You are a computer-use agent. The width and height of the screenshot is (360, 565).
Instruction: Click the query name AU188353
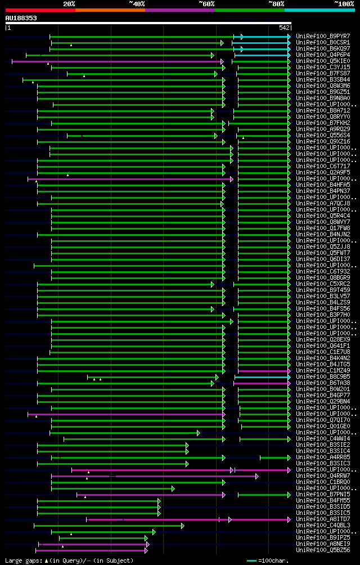click(x=21, y=18)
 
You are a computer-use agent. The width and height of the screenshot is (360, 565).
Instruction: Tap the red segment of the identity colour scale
click(x=40, y=10)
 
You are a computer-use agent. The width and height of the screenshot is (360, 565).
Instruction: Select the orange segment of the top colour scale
click(x=110, y=10)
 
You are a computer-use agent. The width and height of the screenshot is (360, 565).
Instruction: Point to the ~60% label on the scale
click(x=206, y=3)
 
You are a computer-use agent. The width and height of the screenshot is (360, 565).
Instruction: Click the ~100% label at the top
click(x=344, y=3)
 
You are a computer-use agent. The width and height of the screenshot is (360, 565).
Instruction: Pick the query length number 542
click(x=284, y=28)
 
